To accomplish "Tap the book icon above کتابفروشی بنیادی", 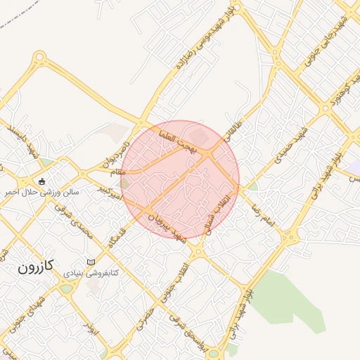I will [91, 262].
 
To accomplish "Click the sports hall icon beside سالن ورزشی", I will [41, 181].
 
